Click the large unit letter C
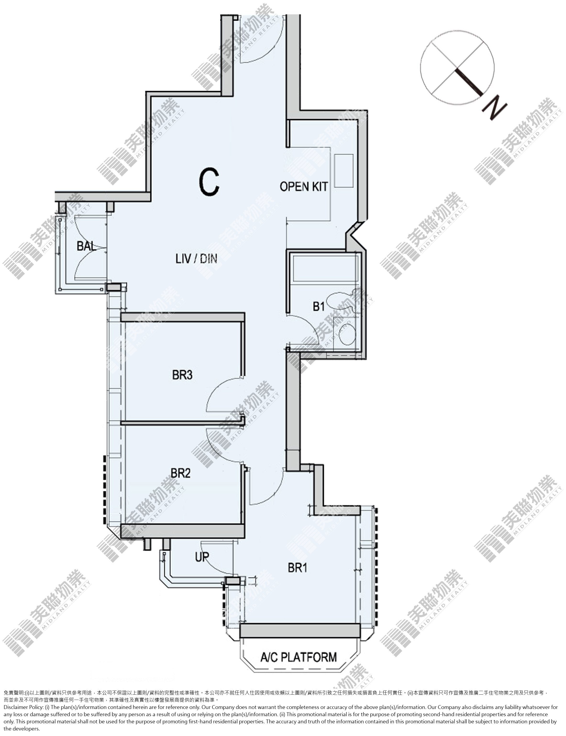pyautogui.click(x=209, y=182)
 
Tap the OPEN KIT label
pyautogui.click(x=303, y=186)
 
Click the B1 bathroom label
pyautogui.click(x=319, y=307)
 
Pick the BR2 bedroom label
pyautogui.click(x=181, y=473)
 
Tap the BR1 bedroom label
pyautogui.click(x=298, y=568)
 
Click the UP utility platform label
pyautogui.click(x=202, y=557)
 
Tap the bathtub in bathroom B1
pyautogui.click(x=325, y=269)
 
